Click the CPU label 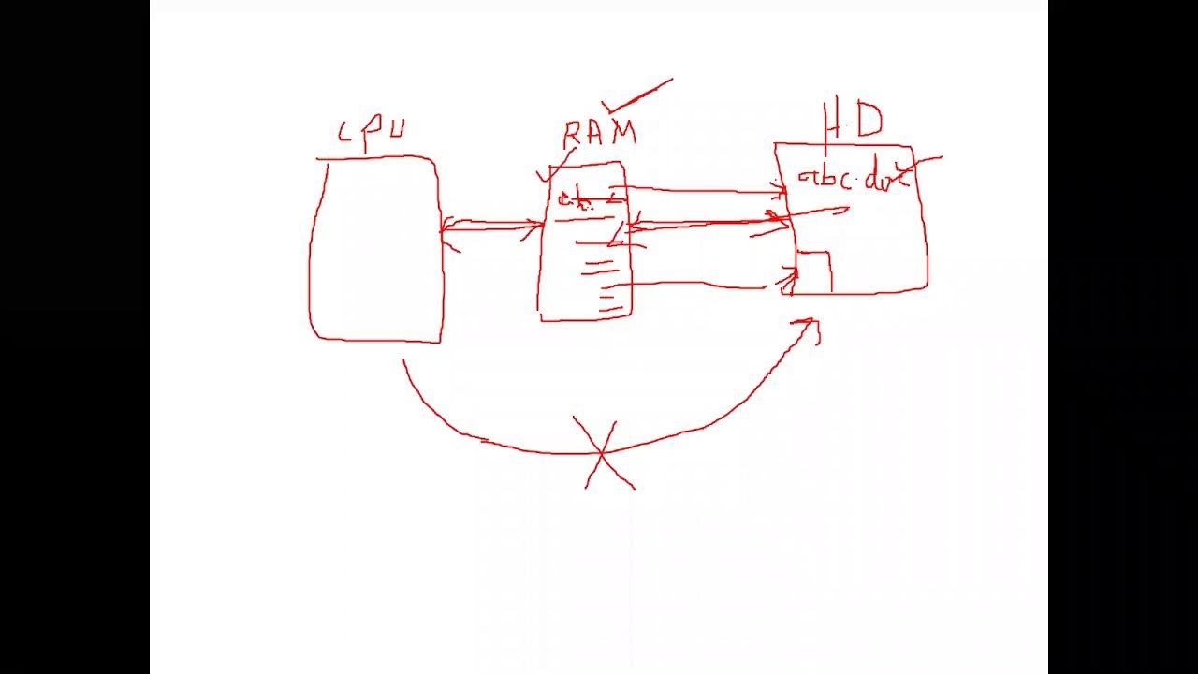tap(372, 133)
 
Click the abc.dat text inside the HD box tap(851, 179)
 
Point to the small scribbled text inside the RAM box tap(576, 200)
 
